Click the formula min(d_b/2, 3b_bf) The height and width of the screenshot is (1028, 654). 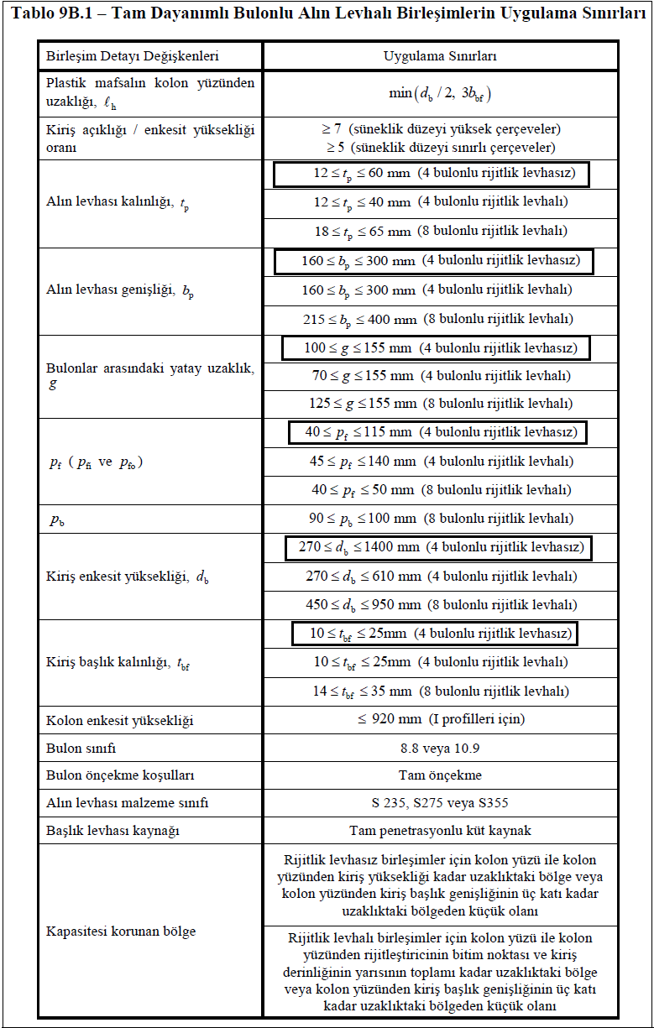[x=440, y=92]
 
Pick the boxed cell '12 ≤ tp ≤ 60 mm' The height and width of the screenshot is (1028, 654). [x=430, y=175]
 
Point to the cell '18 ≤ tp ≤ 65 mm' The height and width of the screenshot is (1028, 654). [x=440, y=231]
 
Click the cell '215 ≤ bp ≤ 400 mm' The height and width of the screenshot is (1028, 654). [x=440, y=319]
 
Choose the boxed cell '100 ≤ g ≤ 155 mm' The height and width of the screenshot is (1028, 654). [x=435, y=347]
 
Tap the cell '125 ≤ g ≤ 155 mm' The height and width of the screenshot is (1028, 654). [x=440, y=403]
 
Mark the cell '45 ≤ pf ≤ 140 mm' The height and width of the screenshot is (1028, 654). [x=440, y=461]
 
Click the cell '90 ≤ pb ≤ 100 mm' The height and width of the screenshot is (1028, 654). [x=440, y=518]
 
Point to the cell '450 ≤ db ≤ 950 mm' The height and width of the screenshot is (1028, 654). [x=440, y=604]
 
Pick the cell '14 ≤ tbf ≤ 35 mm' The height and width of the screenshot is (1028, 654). [x=440, y=691]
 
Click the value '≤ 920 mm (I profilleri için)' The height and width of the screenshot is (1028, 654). [x=440, y=719]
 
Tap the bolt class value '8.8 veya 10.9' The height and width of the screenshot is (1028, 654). [x=440, y=747]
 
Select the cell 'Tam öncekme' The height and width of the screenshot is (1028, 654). [x=440, y=775]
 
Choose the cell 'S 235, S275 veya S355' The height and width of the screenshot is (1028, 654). [x=440, y=802]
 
